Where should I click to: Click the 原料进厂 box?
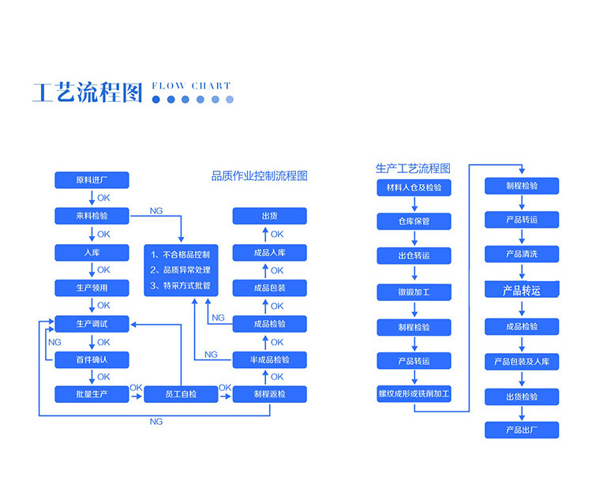(92, 180)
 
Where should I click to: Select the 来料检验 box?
(92, 216)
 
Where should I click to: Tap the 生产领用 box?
(92, 288)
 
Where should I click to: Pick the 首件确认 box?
(92, 360)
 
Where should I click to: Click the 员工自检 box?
(181, 394)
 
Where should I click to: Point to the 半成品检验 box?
(270, 360)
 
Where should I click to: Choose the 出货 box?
(270, 216)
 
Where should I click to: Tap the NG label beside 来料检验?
(156, 211)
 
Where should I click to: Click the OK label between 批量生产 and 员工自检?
(136, 388)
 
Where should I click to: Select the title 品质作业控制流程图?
(259, 176)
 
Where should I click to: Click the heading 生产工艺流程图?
(413, 169)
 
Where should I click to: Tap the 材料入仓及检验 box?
(414, 188)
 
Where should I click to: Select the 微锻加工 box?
(414, 292)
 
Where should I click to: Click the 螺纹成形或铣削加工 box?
(414, 393)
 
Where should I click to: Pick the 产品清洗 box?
(522, 254)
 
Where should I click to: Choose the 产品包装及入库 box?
(522, 362)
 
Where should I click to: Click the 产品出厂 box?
(522, 430)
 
